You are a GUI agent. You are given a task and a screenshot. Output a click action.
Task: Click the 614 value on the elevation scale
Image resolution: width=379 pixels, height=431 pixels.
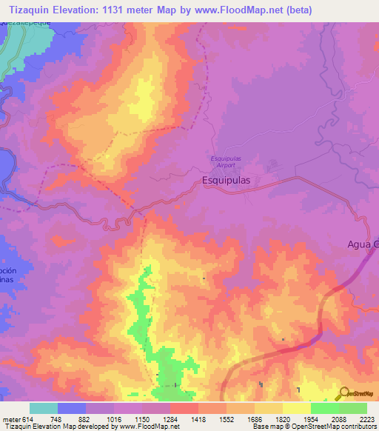coord(26,418)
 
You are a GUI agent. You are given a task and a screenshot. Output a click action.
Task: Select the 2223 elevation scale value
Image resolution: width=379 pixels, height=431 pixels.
coord(367,418)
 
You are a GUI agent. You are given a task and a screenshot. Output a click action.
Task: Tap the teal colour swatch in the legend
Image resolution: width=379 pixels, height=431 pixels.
coord(44,408)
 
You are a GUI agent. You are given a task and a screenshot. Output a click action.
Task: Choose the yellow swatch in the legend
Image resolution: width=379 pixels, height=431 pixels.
coord(297,408)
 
